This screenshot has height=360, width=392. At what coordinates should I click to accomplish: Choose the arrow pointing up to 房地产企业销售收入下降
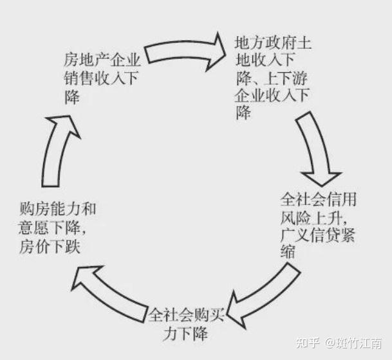click(x=57, y=150)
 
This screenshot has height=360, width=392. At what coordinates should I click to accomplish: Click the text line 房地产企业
click(x=102, y=60)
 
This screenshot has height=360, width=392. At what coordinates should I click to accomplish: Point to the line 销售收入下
click(x=101, y=78)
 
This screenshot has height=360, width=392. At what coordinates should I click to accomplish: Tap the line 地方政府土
click(x=273, y=42)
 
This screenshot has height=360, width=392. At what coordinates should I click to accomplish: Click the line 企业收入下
click(x=272, y=96)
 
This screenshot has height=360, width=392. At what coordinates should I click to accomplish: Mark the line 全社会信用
click(x=318, y=199)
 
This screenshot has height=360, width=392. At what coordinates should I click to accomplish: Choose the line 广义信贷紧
click(x=317, y=235)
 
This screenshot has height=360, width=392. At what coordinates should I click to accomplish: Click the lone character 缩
click(x=288, y=251)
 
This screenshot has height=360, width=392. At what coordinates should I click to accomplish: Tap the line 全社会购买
click(x=186, y=315)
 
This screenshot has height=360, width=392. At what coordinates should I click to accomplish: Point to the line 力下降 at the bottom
click(x=185, y=333)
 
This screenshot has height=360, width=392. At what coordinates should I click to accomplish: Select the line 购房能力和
click(x=58, y=209)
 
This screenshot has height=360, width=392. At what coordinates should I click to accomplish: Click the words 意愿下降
click(x=49, y=227)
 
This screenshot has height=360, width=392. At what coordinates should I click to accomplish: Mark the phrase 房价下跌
click(x=50, y=246)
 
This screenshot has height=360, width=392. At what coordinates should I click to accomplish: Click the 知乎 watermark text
click(x=308, y=343)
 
